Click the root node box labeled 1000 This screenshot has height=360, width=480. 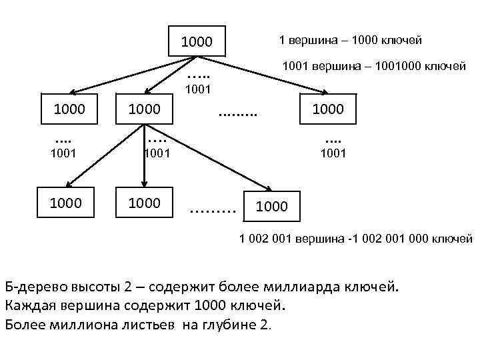[x=197, y=42]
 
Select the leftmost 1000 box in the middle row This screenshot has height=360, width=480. [x=69, y=109]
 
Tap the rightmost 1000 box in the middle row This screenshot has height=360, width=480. [x=327, y=109]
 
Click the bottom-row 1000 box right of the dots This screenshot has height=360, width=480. [x=271, y=206]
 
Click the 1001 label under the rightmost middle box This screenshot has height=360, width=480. [x=333, y=153]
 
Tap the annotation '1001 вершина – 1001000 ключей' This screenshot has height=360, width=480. [x=374, y=66]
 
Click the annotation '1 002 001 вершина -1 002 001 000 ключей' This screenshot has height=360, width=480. [x=356, y=239]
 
